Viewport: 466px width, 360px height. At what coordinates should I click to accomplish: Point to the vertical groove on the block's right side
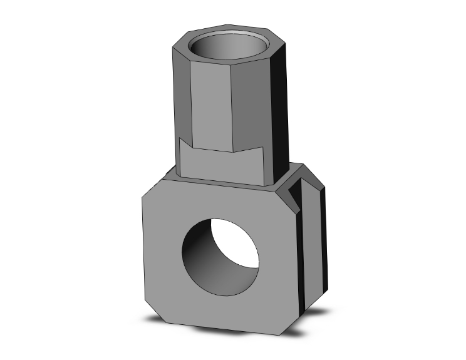click(307, 250)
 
